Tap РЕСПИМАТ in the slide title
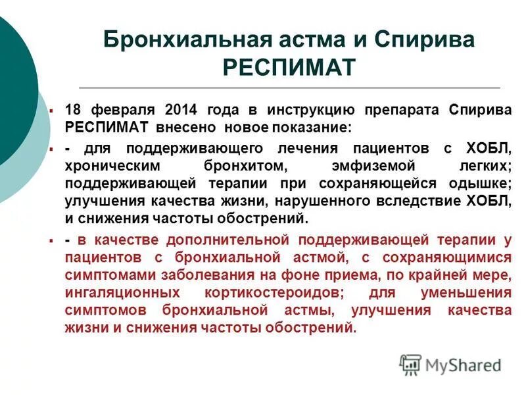[x=289, y=66]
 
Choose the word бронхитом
[x=236, y=167]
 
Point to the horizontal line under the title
[x=289, y=88]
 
